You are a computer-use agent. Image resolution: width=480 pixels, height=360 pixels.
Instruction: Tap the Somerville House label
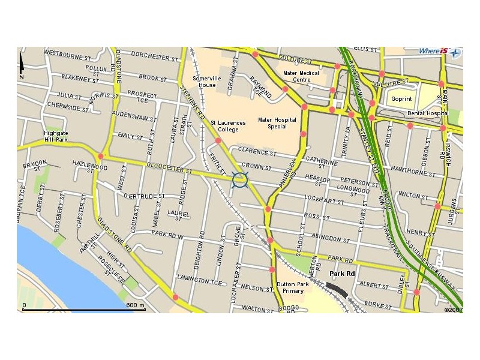(x=207, y=82)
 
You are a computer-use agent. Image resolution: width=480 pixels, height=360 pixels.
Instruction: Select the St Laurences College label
(x=227, y=126)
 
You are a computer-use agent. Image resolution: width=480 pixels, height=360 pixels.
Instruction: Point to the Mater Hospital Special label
(x=277, y=123)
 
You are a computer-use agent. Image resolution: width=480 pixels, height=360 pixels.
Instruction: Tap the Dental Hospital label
(x=428, y=113)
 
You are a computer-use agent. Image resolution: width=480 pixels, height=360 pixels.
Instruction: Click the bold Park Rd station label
(x=343, y=274)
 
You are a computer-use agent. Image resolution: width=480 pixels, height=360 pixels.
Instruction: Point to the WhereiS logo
(x=440, y=52)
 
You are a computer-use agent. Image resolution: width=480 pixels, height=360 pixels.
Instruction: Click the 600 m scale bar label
(x=136, y=305)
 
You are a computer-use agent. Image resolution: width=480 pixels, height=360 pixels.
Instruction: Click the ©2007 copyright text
(x=453, y=310)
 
